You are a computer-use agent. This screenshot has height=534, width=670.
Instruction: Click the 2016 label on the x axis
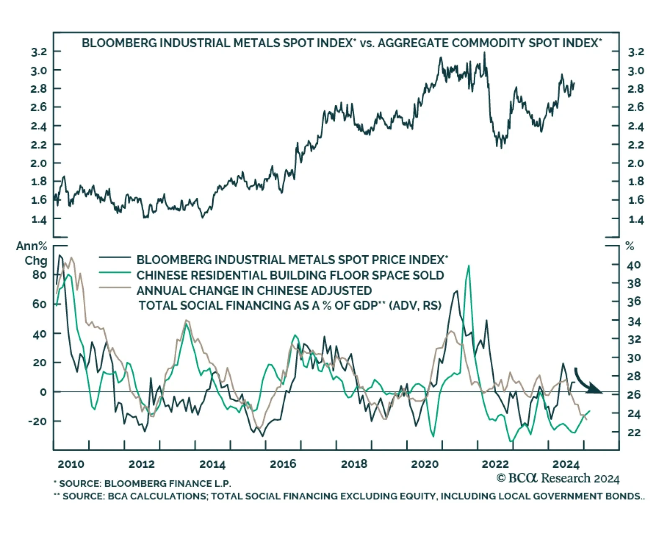click(x=283, y=464)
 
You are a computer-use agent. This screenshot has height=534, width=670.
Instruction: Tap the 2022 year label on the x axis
click(x=495, y=464)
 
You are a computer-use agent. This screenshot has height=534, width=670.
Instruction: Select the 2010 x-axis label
click(x=71, y=464)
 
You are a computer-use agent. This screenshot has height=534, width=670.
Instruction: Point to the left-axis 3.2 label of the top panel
click(x=39, y=52)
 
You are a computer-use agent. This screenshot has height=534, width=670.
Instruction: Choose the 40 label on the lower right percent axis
click(x=634, y=265)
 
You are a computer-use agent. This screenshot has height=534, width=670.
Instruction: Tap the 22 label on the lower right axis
click(x=634, y=432)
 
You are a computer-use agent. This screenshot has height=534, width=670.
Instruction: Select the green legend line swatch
click(x=115, y=273)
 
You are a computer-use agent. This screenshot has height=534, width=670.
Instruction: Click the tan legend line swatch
click(x=115, y=288)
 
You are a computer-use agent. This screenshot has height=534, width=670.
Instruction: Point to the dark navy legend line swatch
click(x=115, y=257)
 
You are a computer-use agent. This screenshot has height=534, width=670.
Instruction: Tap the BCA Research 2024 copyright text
click(x=558, y=478)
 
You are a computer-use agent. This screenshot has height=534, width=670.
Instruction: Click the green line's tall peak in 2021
click(x=469, y=266)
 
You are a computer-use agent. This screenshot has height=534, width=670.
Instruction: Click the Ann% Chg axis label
click(x=32, y=253)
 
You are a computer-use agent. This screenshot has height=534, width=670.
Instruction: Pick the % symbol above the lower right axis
click(x=629, y=246)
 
